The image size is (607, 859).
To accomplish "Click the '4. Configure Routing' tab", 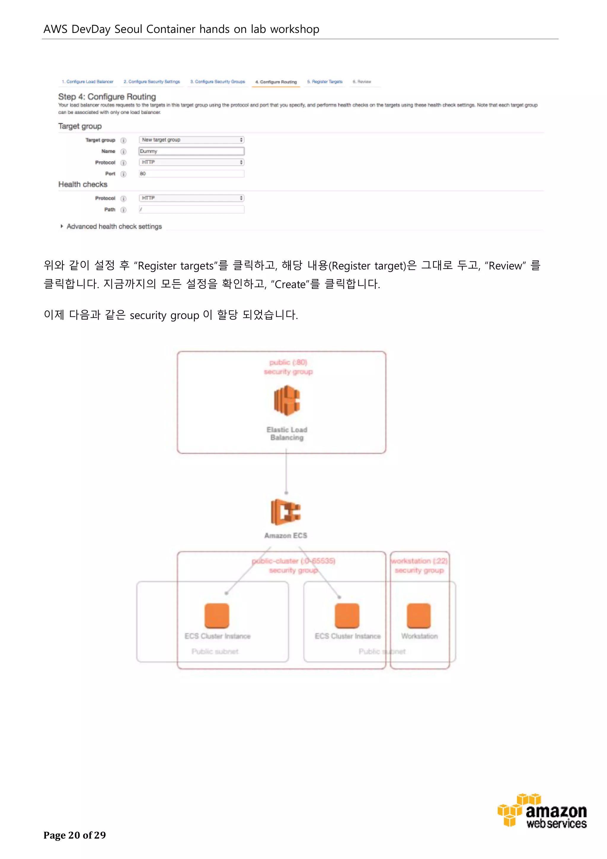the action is coord(276,82).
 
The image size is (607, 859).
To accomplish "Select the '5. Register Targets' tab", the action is coord(325,82).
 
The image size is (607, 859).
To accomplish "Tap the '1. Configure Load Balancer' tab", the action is coord(87,82).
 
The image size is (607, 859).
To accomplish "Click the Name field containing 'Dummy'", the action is coord(191,151).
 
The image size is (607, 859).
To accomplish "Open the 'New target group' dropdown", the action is coord(191,140).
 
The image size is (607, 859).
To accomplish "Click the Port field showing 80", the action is coord(191,174).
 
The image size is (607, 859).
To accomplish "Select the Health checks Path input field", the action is coord(191,210).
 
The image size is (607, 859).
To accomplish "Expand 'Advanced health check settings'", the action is coord(114,226).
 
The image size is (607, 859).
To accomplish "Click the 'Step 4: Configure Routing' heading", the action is coord(107,97).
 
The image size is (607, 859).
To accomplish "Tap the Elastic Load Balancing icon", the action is coord(287,401).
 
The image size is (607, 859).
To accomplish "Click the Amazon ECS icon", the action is coord(286,512).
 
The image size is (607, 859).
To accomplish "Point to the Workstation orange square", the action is coord(418,615).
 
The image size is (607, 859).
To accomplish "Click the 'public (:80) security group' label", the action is coord(288,367).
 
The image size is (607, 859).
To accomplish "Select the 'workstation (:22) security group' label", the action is coord(419,566).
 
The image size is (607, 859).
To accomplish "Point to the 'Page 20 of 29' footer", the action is coord(74,835).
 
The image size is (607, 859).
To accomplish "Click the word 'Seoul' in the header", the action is coord(128,29).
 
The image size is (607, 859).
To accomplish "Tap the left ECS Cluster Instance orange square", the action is coord(217,615).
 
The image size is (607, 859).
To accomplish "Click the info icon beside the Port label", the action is coord(123,174).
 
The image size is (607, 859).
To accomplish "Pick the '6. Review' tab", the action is coord(362,82).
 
